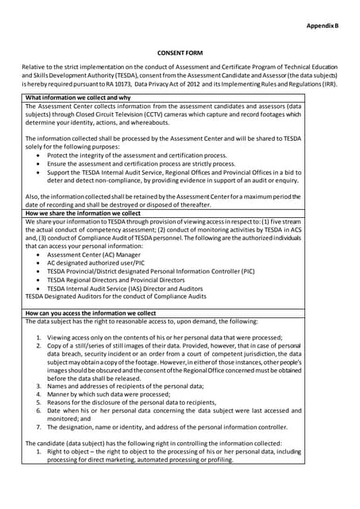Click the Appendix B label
pyautogui.click(x=323, y=26)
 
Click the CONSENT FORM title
pyautogui.click(x=180, y=53)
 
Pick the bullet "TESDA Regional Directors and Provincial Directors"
pyautogui.click(x=126, y=280)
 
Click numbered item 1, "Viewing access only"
pyautogui.click(x=159, y=336)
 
